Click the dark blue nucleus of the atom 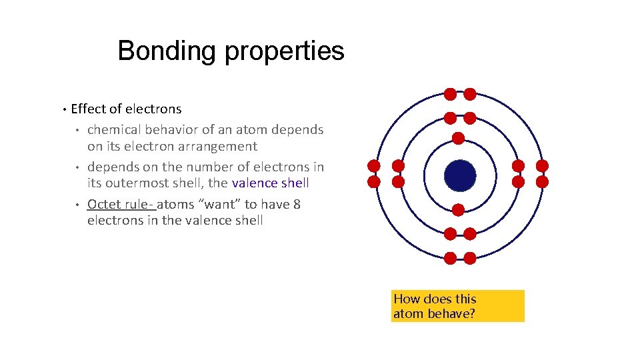click(x=460, y=175)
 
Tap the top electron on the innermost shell click(x=459, y=139)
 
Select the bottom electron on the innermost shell click(x=459, y=210)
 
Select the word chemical click(x=113, y=129)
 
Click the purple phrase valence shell click(x=271, y=183)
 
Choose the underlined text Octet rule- click(x=121, y=204)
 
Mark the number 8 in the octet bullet click(x=297, y=204)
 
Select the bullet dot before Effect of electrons click(x=63, y=109)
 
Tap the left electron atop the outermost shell click(x=451, y=94)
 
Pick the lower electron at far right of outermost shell click(x=542, y=181)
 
